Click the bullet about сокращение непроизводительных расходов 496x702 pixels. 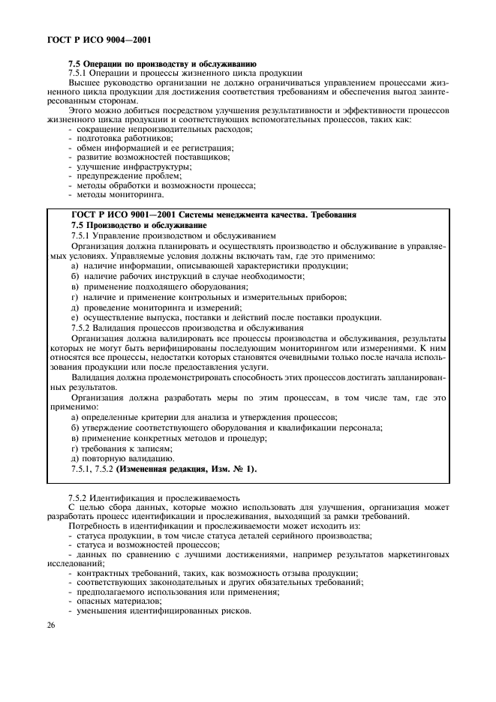pyautogui.click(x=155, y=130)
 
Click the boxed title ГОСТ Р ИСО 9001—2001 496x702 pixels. pyautogui.click(x=213, y=215)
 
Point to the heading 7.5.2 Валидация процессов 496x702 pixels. pyautogui.click(x=187, y=328)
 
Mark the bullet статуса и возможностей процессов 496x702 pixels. pyautogui.click(x=138, y=545)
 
